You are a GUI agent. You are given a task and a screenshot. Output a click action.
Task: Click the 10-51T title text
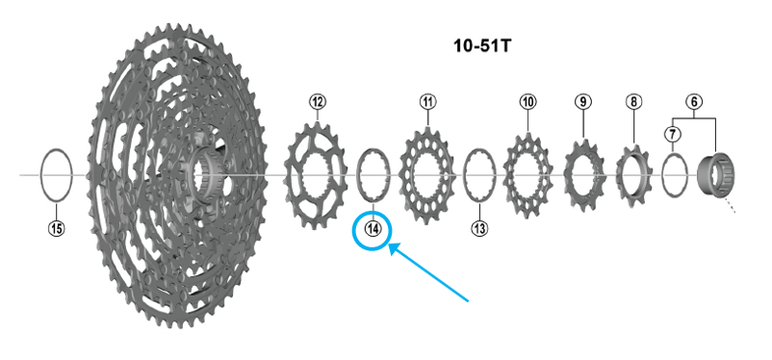point(482,46)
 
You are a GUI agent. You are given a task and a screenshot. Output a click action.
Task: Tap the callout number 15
point(57,228)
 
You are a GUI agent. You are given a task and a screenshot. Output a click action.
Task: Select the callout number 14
point(373,228)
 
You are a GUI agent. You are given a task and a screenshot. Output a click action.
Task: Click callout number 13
point(479,228)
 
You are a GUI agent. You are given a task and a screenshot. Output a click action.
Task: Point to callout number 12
point(318,102)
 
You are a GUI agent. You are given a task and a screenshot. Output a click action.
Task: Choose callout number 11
point(427,102)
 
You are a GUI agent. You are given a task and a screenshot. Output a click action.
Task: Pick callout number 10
point(528,102)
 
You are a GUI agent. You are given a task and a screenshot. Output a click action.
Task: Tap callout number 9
point(583,102)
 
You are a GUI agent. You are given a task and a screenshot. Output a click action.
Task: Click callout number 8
point(633,102)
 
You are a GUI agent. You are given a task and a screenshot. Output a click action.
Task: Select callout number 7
point(672,134)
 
